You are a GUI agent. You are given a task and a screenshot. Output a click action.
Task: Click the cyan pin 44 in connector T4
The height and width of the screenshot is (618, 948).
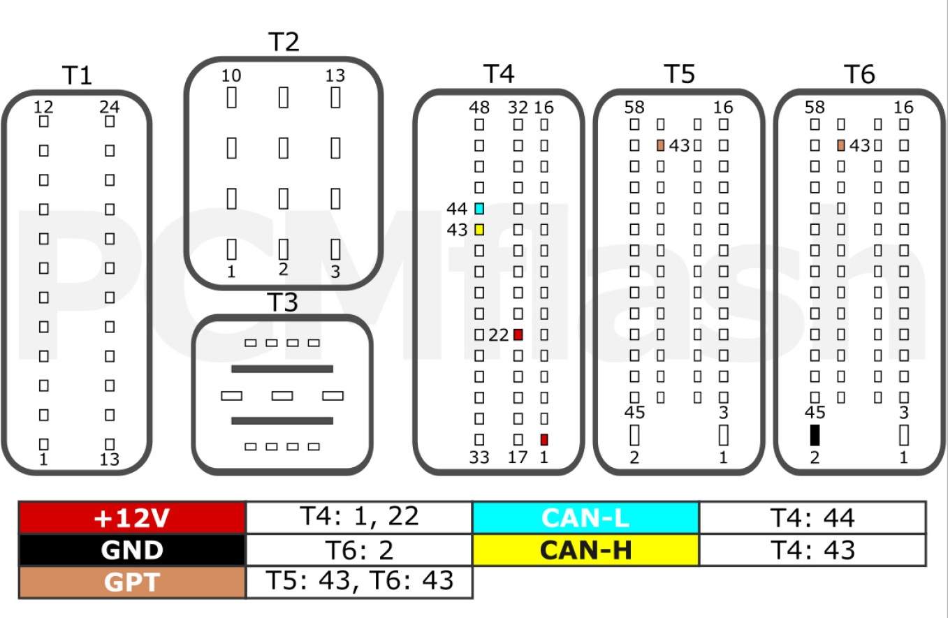pyautogui.click(x=479, y=209)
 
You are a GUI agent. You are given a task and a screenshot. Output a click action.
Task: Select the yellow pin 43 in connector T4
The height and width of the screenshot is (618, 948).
pyautogui.click(x=479, y=230)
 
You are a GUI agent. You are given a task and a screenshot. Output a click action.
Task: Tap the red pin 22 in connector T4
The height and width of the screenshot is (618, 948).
pyautogui.click(x=518, y=335)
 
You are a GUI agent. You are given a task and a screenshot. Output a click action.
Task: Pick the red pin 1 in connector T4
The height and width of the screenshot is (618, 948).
pyautogui.click(x=544, y=440)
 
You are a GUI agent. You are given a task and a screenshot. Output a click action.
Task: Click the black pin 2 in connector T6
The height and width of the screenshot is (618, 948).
pyautogui.click(x=815, y=435)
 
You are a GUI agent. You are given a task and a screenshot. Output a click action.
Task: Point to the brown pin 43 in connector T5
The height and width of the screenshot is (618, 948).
pyautogui.click(x=661, y=145)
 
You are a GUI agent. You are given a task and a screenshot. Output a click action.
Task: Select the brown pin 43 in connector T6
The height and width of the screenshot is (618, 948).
pyautogui.click(x=841, y=145)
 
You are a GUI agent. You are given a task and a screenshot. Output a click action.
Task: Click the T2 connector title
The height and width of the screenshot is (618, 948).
pyautogui.click(x=284, y=41)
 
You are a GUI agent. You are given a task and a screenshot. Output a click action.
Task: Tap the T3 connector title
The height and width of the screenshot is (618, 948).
pyautogui.click(x=282, y=302)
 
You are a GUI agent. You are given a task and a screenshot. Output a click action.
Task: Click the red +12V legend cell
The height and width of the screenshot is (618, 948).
pyautogui.click(x=133, y=517)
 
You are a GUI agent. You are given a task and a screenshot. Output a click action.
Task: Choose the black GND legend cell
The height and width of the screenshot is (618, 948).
pyautogui.click(x=133, y=550)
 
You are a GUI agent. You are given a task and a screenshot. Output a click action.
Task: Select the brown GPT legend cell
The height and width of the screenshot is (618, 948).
pyautogui.click(x=133, y=582)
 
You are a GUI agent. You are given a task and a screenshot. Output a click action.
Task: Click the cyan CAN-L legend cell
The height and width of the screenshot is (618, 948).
pyautogui.click(x=585, y=517)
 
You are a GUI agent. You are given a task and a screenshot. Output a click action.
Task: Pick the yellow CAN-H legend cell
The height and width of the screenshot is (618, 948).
pyautogui.click(x=585, y=550)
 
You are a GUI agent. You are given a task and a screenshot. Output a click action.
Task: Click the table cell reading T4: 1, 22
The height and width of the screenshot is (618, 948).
pyautogui.click(x=359, y=517)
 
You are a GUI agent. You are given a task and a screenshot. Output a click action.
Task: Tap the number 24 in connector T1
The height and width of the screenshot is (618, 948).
pyautogui.click(x=110, y=107)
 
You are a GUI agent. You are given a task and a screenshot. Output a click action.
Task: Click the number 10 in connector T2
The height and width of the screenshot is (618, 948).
pyautogui.click(x=231, y=75)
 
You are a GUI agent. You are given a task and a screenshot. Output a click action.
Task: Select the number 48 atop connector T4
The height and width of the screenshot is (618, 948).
pyautogui.click(x=479, y=108)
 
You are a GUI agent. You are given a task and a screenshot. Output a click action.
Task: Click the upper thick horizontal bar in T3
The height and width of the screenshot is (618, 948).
pyautogui.click(x=282, y=369)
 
